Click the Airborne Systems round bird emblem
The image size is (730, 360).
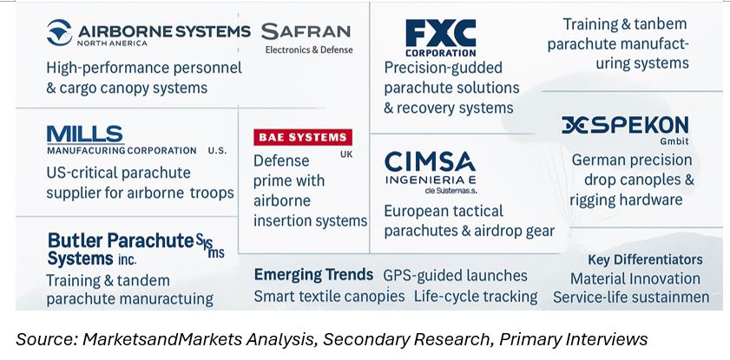tap(60, 33)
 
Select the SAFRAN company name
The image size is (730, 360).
tap(306, 31)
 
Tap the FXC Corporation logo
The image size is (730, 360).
tap(440, 37)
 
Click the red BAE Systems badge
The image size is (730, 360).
tap(303, 137)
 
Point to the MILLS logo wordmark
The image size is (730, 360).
tap(85, 134)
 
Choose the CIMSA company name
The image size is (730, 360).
tap(431, 162)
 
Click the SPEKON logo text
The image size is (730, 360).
tap(625, 126)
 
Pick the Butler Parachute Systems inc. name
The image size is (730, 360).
tap(136, 249)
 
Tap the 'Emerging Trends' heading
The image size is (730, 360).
tap(313, 274)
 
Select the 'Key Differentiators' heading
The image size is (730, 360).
tap(645, 259)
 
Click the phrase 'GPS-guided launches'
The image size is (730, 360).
tap(455, 275)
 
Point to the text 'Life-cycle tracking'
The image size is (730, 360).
tap(476, 297)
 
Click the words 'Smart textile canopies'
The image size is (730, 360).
tap(329, 297)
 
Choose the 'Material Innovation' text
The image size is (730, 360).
tap(635, 278)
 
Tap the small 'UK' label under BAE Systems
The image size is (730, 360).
tap(346, 154)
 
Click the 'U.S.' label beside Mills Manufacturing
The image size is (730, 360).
tap(217, 151)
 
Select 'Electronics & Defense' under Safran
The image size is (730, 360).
tap(309, 49)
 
